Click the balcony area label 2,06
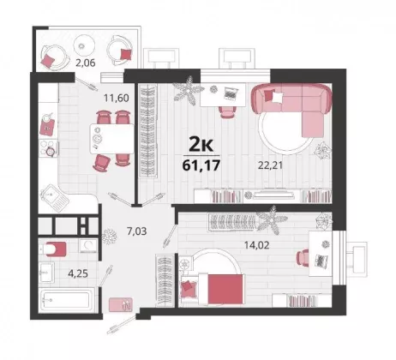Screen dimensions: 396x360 point(85,63)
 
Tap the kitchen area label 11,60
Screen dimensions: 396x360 point(117,98)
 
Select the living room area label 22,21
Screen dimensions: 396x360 point(270,165)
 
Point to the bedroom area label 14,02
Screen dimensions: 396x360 point(256,245)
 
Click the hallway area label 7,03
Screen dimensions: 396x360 point(136,231)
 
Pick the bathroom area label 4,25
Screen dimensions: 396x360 point(78,273)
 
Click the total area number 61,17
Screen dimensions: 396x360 point(201,165)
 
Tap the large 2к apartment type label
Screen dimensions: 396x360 point(201,146)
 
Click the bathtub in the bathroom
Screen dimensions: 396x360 point(68,300)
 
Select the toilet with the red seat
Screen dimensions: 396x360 point(54,249)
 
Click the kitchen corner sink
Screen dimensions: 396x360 point(54,197)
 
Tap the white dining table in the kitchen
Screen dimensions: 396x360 point(111,139)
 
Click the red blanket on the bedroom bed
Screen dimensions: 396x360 point(226,290)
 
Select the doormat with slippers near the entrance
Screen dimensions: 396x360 point(121,304)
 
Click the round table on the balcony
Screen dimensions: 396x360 point(84,45)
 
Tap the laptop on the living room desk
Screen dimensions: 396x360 point(231,93)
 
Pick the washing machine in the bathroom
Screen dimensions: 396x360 point(88,245)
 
